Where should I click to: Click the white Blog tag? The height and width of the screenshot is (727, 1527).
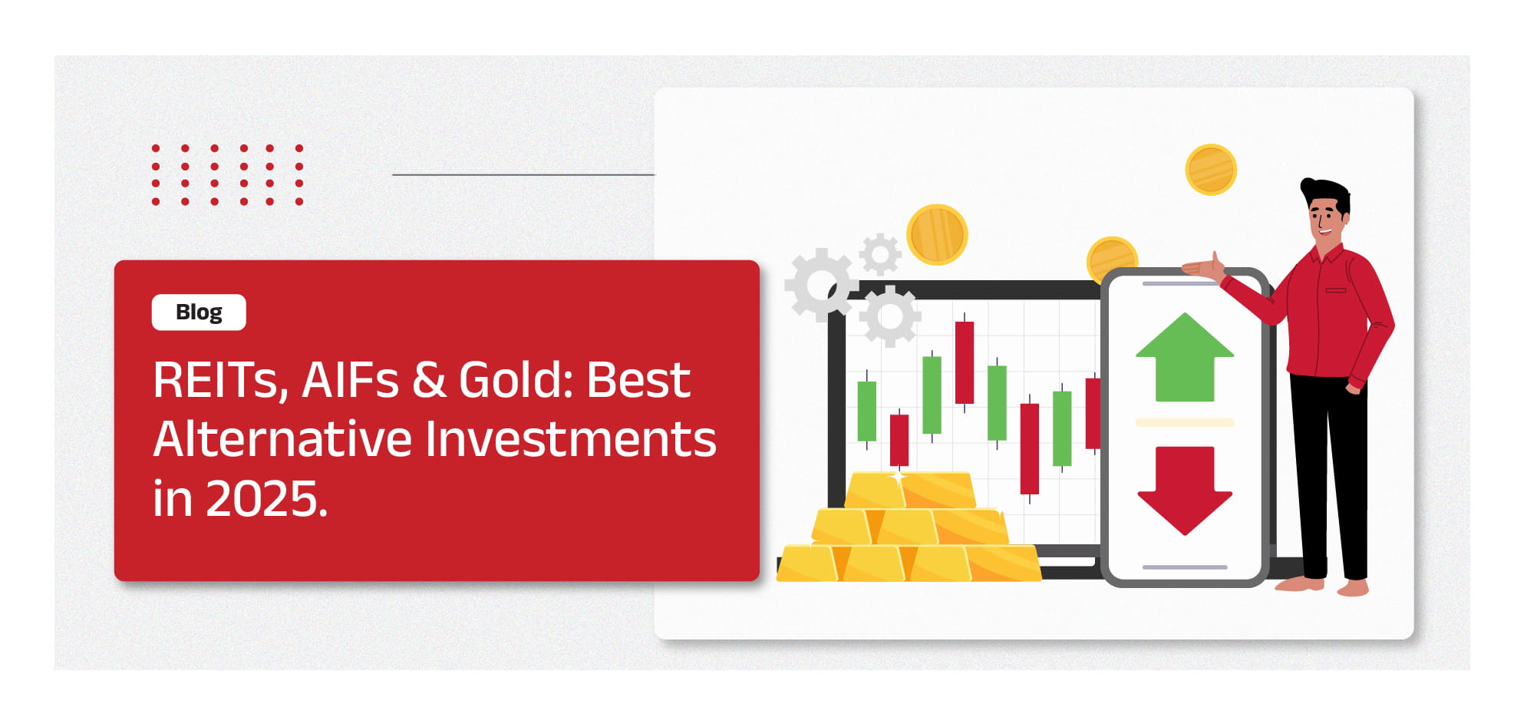click(199, 312)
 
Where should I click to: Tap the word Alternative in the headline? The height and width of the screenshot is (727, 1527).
click(283, 438)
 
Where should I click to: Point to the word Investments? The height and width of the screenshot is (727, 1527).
click(571, 438)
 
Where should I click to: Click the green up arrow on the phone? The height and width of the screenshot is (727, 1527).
click(1185, 358)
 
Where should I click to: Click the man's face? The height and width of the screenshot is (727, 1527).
click(1325, 218)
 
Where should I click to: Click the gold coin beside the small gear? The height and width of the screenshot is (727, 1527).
click(937, 234)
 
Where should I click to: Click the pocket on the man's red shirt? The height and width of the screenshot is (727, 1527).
click(1336, 290)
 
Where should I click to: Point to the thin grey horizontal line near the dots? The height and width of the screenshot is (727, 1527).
click(523, 174)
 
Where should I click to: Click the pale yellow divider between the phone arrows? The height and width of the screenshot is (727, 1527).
click(1185, 422)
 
